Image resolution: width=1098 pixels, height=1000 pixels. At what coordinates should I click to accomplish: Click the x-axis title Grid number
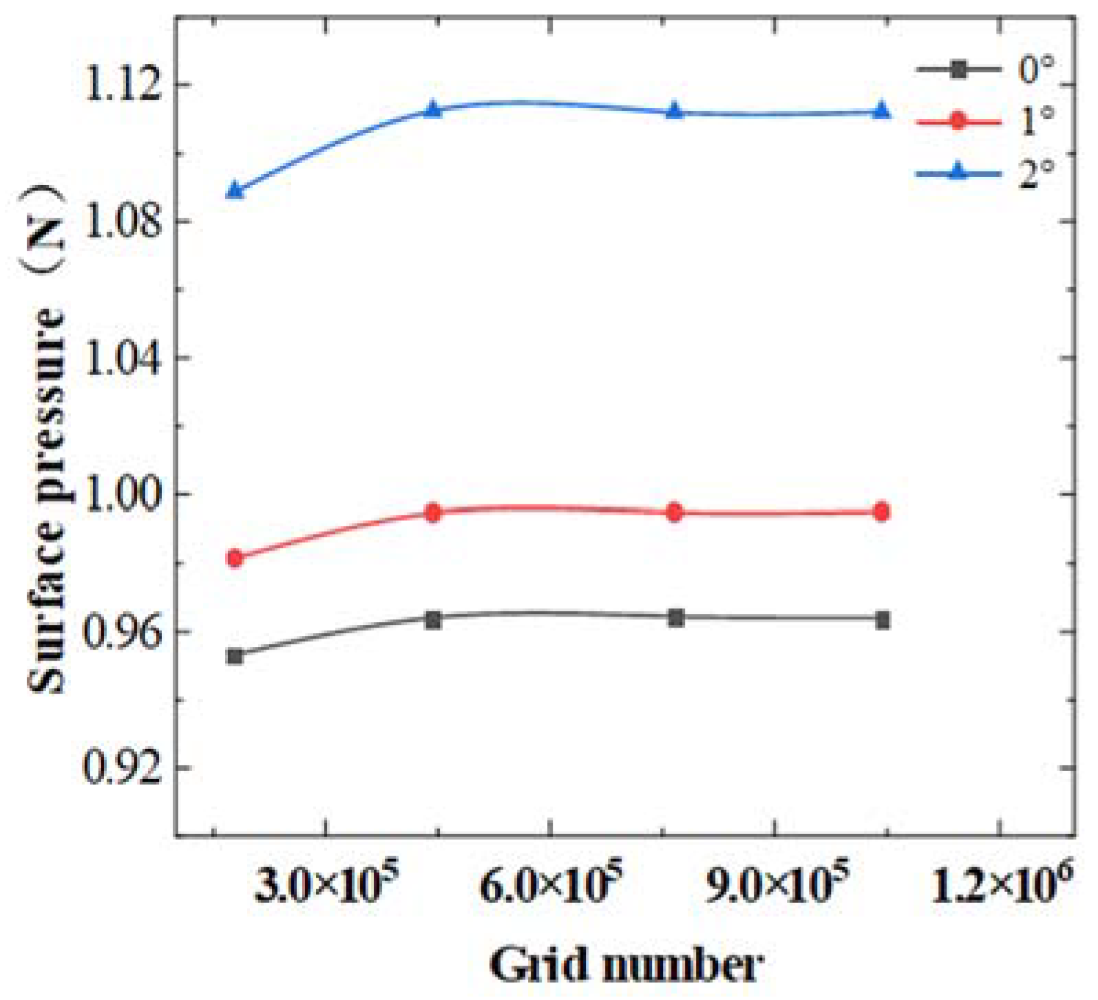point(626,964)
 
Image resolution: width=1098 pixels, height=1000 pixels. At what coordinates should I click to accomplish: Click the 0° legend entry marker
point(958,69)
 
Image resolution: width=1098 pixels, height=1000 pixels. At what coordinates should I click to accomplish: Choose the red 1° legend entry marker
point(958,122)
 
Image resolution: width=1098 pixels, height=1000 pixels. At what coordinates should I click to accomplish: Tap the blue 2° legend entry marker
point(958,172)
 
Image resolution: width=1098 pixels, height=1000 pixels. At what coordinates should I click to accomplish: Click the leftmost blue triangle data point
point(235,190)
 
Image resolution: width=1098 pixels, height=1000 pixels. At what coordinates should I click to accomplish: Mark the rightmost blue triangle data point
point(882,111)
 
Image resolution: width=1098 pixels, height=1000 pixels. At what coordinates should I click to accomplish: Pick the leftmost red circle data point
point(235,557)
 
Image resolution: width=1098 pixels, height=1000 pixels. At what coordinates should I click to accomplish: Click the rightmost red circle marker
point(882,511)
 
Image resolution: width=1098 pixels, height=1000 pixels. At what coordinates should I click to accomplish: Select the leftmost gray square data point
point(235,656)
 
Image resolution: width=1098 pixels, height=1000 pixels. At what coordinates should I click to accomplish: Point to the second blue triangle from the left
point(433,109)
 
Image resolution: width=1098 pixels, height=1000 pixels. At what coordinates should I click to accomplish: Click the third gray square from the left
point(676,617)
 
